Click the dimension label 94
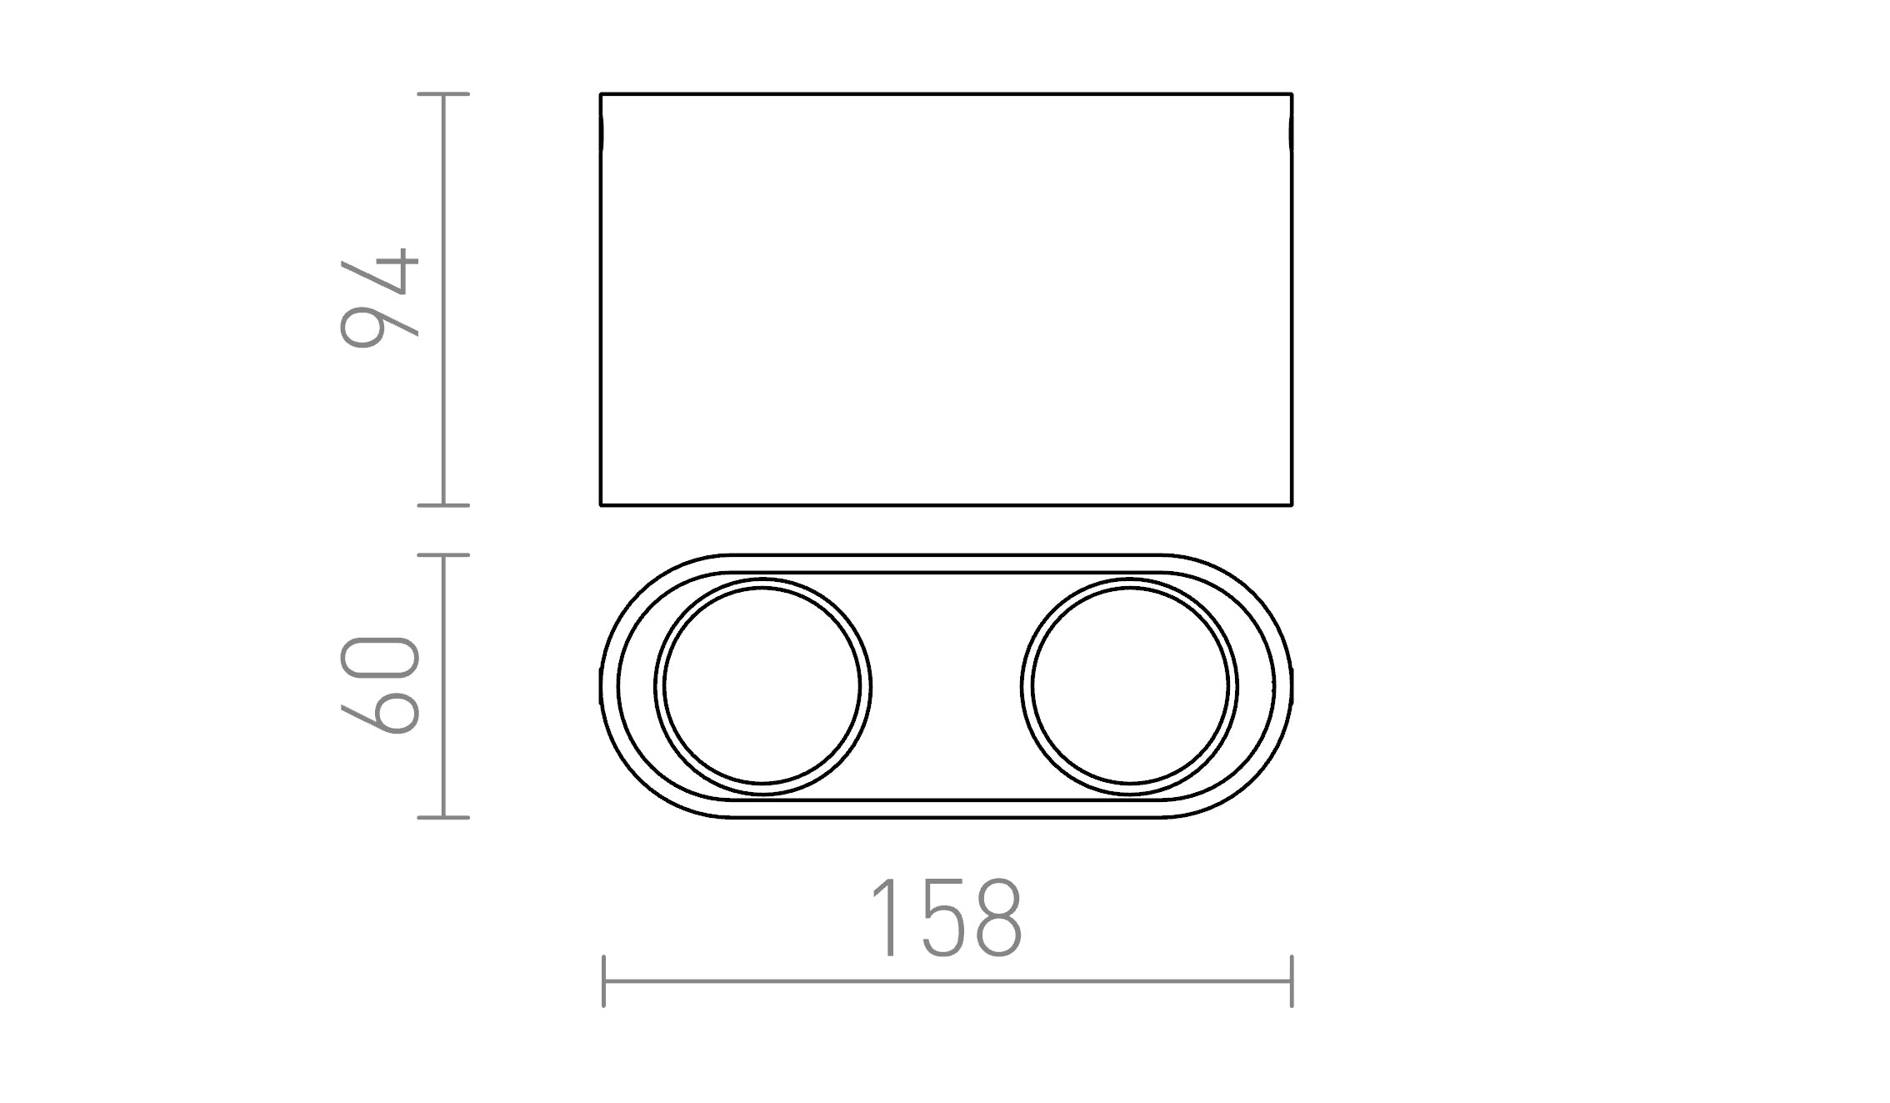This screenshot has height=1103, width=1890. (x=379, y=298)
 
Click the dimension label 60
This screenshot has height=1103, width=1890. (x=379, y=685)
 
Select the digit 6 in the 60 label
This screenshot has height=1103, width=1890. (x=379, y=710)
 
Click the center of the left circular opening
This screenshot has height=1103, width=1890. (x=762, y=686)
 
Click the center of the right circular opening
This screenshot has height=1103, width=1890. (x=1129, y=686)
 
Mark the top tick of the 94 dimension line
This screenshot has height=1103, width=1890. (x=443, y=94)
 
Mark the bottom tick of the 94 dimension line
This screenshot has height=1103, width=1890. (x=443, y=504)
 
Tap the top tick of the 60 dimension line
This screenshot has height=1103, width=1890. (x=443, y=554)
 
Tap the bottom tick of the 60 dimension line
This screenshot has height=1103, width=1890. (x=443, y=817)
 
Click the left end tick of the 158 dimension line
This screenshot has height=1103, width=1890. (x=603, y=981)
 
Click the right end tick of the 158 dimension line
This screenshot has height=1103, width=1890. (x=1292, y=981)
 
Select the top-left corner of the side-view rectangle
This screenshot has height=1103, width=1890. (x=601, y=94)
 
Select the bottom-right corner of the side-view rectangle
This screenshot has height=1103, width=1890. (x=1292, y=504)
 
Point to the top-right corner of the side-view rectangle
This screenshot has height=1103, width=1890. (x=1292, y=94)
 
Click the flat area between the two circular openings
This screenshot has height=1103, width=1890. (x=946, y=686)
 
